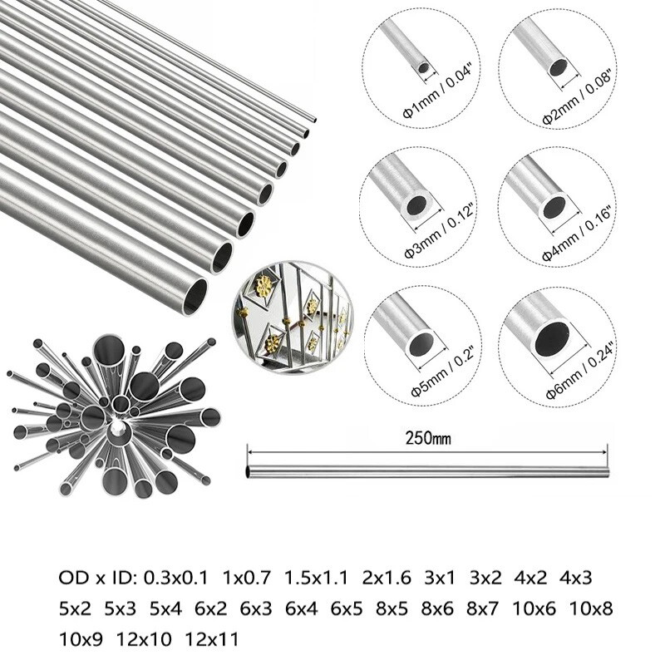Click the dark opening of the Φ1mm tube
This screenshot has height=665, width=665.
pos(424,67)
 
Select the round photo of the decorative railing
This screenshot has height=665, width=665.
pos(292,318)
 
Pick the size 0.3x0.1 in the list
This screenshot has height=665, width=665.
pos(175,577)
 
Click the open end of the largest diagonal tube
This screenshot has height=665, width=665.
pos(195,296)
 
